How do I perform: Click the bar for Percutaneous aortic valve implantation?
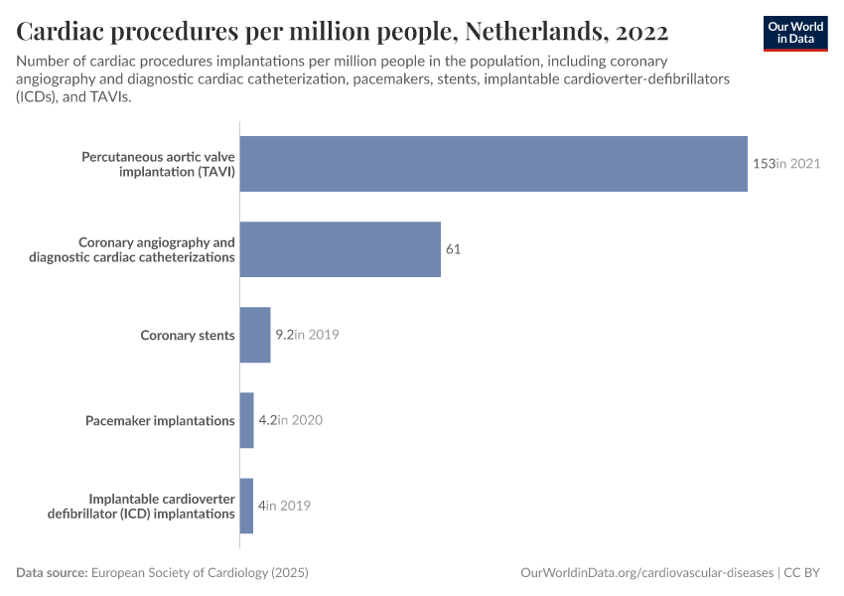coord(493,164)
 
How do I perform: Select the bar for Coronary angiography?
coord(341,249)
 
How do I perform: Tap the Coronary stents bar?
coord(255,335)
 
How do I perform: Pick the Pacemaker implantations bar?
coord(247,420)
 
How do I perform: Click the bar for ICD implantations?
coord(246,506)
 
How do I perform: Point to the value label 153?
coord(764,164)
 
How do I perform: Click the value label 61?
coord(453,249)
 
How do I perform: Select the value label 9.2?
coord(284,335)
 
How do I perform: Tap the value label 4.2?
coord(267,420)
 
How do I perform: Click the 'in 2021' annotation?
coord(798,164)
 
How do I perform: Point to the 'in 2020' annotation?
coord(301,420)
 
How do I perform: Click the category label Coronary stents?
coord(188,335)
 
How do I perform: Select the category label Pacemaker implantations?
coord(161,420)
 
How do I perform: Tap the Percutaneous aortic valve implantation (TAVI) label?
coord(158,164)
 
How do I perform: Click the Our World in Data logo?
coord(795,33)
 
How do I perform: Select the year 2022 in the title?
coord(641,32)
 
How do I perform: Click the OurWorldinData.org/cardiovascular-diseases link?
coord(647,573)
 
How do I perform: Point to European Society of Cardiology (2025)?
coord(200,573)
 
